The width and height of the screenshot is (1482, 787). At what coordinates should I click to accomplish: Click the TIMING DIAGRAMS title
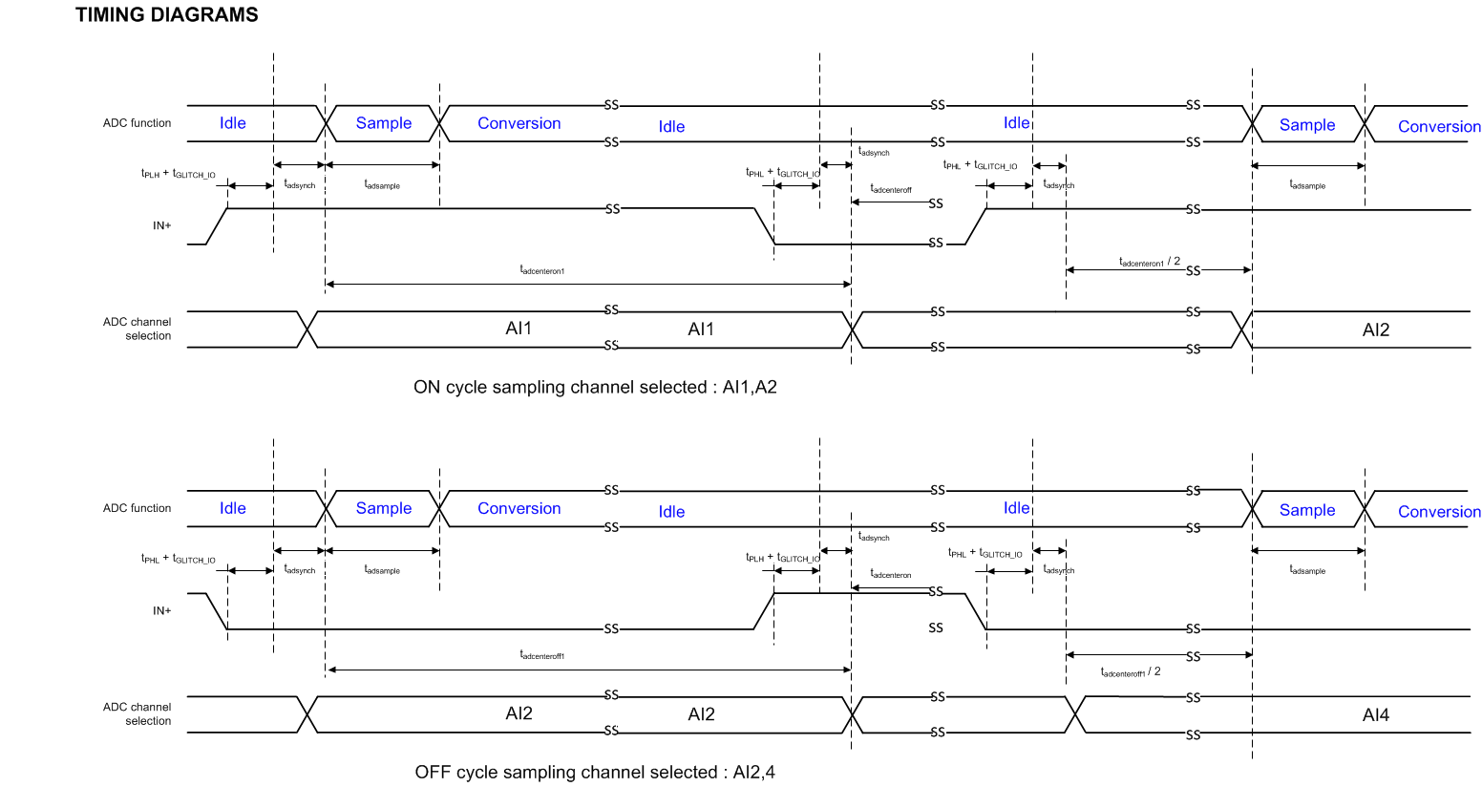tap(166, 15)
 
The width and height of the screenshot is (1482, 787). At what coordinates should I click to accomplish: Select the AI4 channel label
tap(1375, 714)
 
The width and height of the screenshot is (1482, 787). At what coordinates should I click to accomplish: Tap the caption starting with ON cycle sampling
tap(595, 387)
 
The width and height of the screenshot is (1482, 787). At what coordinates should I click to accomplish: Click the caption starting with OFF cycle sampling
tap(595, 772)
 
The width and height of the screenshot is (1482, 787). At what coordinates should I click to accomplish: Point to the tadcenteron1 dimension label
tap(541, 270)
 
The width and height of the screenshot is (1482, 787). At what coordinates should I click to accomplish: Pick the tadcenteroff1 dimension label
tap(541, 655)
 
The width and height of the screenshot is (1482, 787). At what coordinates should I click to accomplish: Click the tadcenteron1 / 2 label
tap(1150, 262)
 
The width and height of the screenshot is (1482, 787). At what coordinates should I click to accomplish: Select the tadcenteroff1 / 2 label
tap(1131, 672)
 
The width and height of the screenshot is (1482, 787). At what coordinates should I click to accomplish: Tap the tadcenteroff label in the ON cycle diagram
tap(891, 189)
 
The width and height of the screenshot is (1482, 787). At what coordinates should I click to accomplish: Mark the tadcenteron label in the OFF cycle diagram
tap(891, 574)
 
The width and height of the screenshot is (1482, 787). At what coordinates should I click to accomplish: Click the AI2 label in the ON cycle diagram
tap(1375, 330)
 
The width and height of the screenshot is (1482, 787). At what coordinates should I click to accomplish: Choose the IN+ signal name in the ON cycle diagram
tap(162, 225)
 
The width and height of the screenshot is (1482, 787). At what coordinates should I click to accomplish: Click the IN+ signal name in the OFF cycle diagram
tap(162, 610)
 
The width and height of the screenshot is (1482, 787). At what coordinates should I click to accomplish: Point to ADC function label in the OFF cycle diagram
tap(137, 508)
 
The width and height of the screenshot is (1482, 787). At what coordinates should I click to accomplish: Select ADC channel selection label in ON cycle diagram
tap(137, 329)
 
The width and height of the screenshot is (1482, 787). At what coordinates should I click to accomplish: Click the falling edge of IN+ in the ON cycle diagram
tap(764, 226)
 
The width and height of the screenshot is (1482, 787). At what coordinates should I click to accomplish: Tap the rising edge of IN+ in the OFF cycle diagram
tap(764, 611)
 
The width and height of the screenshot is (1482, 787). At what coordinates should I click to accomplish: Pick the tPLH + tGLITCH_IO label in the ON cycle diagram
tap(179, 174)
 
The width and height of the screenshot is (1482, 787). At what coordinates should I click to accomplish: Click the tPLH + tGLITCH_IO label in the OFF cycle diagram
tap(783, 557)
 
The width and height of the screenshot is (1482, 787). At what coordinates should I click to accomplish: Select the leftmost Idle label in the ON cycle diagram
tap(232, 123)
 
